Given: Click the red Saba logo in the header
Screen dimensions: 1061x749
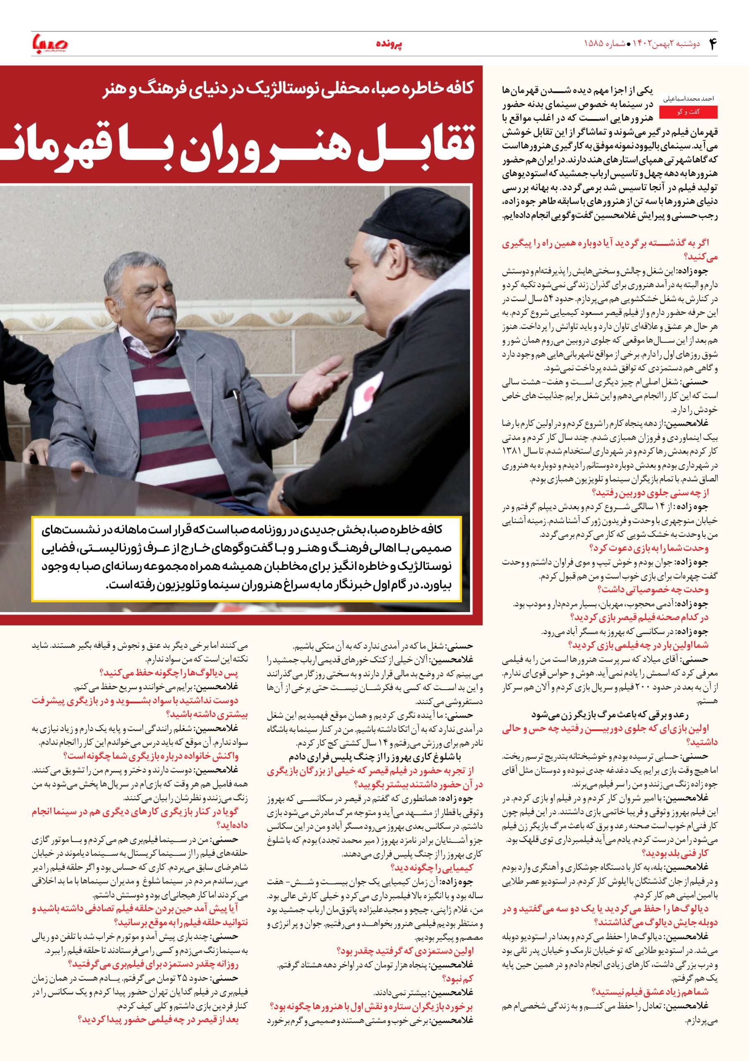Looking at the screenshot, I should [x=49, y=44].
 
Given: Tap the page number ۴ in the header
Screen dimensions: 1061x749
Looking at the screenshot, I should [x=712, y=44].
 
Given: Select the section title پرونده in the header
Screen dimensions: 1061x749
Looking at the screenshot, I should [x=388, y=44].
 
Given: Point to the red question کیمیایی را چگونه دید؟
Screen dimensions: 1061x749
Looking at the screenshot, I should [x=432, y=867].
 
